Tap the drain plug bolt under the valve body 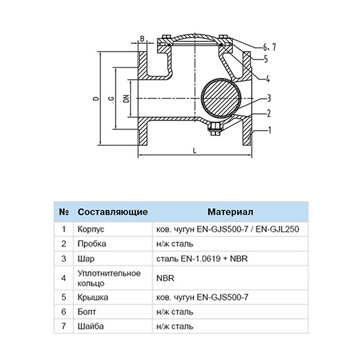tap(215, 129)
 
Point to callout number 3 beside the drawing tap(269, 98)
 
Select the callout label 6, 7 tap(269, 47)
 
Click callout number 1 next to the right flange tap(270, 130)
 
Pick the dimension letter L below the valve tap(194, 151)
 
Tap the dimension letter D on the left tap(97, 99)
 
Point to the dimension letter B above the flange tap(142, 39)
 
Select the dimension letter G tap(112, 98)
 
